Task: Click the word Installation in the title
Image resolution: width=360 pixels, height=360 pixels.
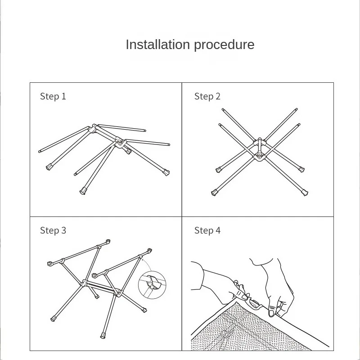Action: (x=158, y=44)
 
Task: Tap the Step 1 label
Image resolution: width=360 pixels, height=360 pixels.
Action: (x=53, y=96)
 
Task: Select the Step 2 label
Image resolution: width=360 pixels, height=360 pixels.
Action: (x=207, y=96)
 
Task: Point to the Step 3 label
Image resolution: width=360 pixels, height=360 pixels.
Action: (x=53, y=230)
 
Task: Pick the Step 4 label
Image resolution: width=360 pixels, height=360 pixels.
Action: (x=207, y=230)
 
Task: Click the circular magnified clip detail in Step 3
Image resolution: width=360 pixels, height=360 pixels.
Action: (x=152, y=285)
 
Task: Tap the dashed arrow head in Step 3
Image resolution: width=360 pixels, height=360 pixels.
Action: (x=143, y=260)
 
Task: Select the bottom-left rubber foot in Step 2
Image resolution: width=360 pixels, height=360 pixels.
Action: (x=214, y=193)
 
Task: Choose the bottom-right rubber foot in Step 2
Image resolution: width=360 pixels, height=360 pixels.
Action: (x=305, y=193)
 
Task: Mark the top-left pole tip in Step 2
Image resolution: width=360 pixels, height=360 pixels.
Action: (x=223, y=109)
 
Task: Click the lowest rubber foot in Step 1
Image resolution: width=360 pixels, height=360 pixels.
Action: (x=83, y=191)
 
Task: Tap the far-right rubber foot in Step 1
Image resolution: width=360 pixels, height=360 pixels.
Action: (x=166, y=172)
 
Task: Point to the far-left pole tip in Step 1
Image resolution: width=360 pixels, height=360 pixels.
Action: (x=40, y=152)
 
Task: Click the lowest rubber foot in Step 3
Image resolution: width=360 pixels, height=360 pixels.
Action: (x=103, y=336)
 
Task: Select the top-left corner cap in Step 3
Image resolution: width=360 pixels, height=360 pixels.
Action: (x=49, y=264)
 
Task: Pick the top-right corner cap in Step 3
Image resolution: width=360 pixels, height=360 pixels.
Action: (x=149, y=250)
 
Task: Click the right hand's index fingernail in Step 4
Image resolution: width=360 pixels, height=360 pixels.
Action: (x=271, y=313)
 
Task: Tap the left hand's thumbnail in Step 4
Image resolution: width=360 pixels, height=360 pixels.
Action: (x=244, y=297)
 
